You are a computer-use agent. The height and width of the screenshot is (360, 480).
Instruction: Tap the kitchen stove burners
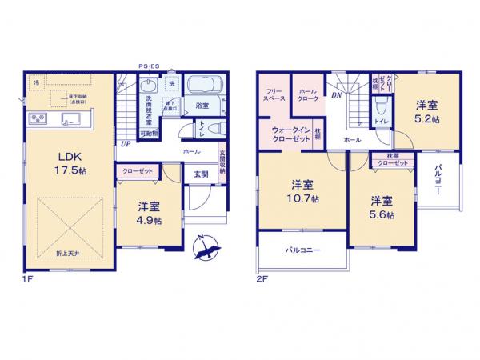(38, 120)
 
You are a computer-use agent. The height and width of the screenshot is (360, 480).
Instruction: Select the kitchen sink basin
(74, 121)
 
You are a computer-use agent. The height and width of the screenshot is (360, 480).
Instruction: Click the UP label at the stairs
(126, 145)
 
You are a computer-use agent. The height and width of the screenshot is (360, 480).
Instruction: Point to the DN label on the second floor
(337, 94)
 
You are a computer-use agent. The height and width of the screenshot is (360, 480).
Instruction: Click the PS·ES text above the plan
(150, 66)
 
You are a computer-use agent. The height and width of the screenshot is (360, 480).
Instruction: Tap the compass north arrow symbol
(209, 245)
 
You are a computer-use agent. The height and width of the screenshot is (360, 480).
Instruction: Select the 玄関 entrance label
(200, 174)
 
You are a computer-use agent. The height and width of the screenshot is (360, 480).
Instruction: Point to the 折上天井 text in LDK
(67, 252)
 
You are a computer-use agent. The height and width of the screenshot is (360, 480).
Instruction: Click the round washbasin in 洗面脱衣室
(149, 86)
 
